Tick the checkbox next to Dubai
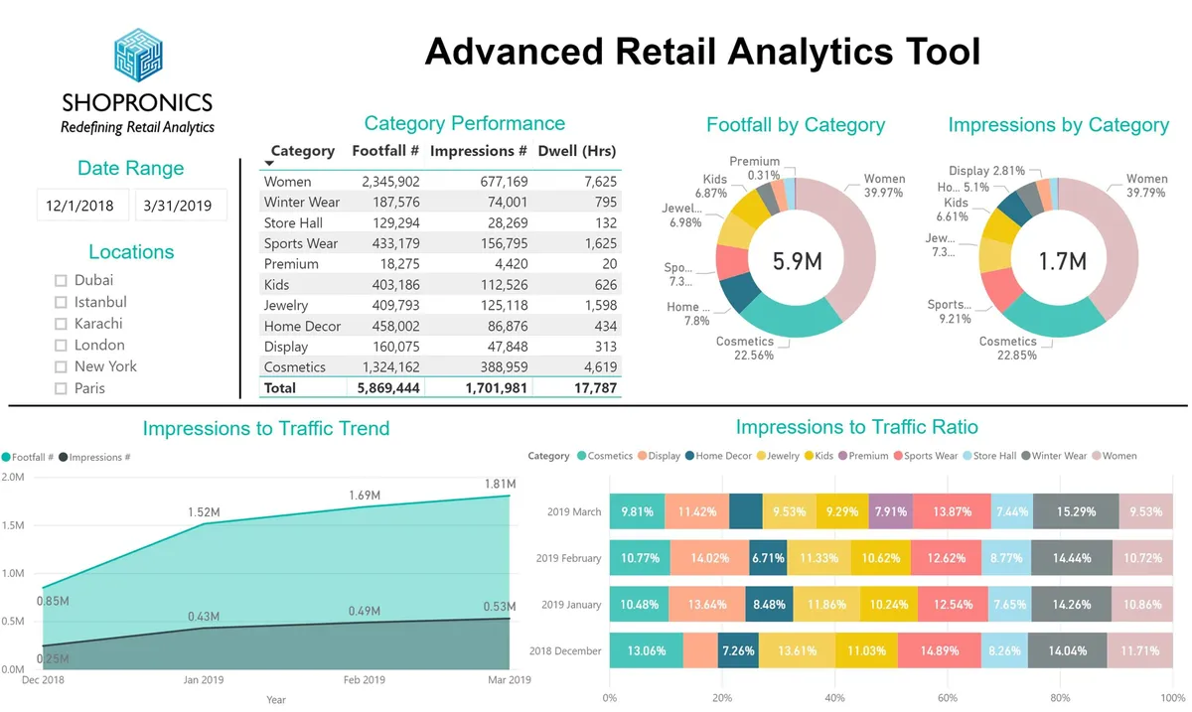click(x=62, y=281)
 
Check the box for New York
click(x=62, y=367)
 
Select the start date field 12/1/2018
click(x=80, y=207)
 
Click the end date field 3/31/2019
click(x=178, y=207)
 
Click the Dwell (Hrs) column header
click(x=576, y=152)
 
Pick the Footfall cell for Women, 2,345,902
click(x=390, y=182)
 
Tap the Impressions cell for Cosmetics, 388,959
click(x=497, y=367)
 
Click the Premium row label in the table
click(x=291, y=264)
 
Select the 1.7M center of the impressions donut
click(x=1062, y=261)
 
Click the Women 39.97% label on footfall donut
click(x=883, y=186)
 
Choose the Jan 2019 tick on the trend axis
click(x=204, y=680)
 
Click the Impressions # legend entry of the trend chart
click(x=99, y=458)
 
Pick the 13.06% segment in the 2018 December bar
click(x=646, y=651)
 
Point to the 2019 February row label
click(x=568, y=558)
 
